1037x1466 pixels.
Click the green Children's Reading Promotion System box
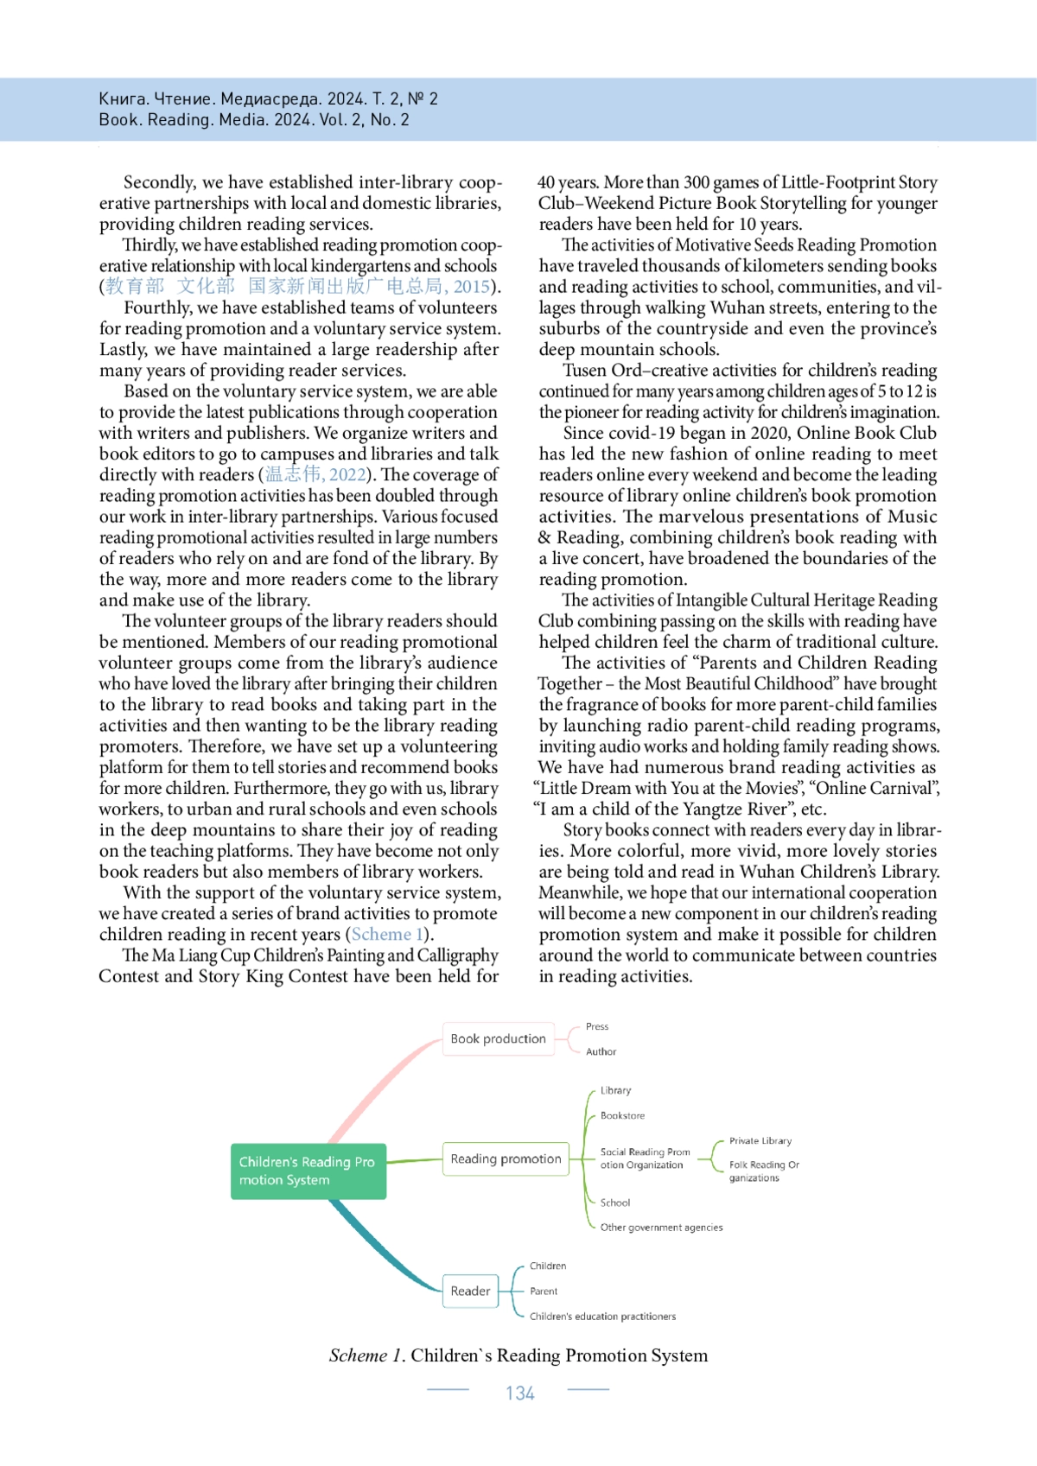click(x=308, y=1171)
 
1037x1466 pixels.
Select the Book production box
click(x=498, y=1039)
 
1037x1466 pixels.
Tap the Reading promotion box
click(x=506, y=1159)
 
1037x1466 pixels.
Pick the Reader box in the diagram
click(x=470, y=1291)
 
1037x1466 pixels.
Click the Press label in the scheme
click(x=597, y=1027)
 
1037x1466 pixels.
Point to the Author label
click(x=601, y=1052)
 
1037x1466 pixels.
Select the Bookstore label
click(x=622, y=1116)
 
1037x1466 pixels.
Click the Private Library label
click(x=760, y=1141)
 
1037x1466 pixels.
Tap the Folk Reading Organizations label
click(x=763, y=1171)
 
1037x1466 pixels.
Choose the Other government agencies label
click(x=661, y=1228)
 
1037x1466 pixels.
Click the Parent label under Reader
click(x=544, y=1291)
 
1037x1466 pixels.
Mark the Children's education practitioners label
click(x=602, y=1317)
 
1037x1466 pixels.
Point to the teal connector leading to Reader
click(x=380, y=1244)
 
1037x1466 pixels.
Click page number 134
click(x=520, y=1393)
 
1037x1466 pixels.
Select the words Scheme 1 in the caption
click(x=366, y=1355)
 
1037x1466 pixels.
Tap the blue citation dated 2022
click(x=315, y=475)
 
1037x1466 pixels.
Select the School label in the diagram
click(x=615, y=1203)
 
